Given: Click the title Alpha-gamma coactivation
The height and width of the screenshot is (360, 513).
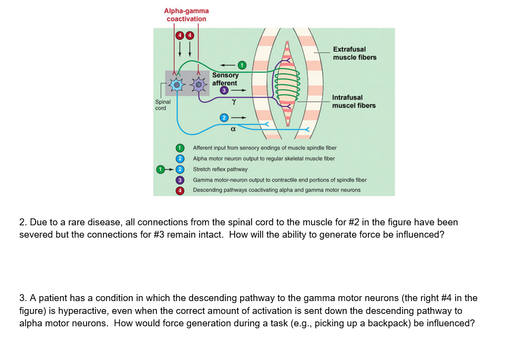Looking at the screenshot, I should pyautogui.click(x=186, y=15).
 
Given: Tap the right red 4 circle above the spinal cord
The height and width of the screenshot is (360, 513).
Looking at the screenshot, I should pyautogui.click(x=188, y=35).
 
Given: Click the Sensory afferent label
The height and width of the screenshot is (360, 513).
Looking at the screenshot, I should pyautogui.click(x=225, y=79).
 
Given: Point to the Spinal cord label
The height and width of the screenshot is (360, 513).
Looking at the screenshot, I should pyautogui.click(x=163, y=104).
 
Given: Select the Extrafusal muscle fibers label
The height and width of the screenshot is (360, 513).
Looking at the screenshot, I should pyautogui.click(x=354, y=53).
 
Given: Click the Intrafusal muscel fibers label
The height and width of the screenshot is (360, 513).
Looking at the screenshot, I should pyautogui.click(x=354, y=102).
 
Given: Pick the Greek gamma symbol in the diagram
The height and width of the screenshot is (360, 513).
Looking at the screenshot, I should pyautogui.click(x=233, y=101).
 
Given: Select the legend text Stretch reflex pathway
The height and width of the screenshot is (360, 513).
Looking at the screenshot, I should pyautogui.click(x=220, y=169).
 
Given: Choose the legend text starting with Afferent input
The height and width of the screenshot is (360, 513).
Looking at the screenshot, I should pyautogui.click(x=264, y=148).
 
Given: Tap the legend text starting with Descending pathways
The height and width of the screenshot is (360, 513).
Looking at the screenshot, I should pyautogui.click(x=276, y=190).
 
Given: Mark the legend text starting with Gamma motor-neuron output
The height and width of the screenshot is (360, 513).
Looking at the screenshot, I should pyautogui.click(x=279, y=180).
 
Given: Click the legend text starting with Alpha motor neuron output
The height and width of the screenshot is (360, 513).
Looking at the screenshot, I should pyautogui.click(x=263, y=158).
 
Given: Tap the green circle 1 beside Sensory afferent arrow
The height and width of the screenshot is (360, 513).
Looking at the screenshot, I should pyautogui.click(x=241, y=65).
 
